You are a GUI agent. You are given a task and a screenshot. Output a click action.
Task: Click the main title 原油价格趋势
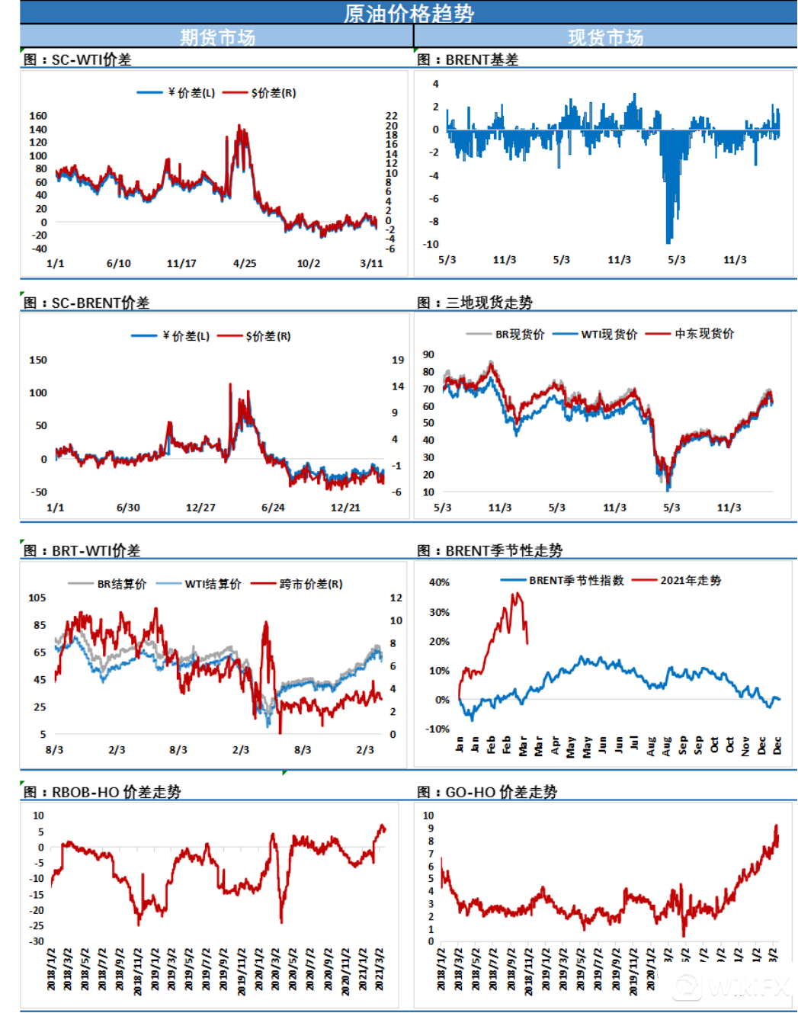click(x=409, y=13)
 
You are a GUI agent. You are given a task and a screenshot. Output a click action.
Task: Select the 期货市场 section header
click(x=217, y=37)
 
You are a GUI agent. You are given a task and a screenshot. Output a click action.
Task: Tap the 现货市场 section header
click(x=605, y=37)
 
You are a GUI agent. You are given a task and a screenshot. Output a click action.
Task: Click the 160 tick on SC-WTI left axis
click(x=38, y=116)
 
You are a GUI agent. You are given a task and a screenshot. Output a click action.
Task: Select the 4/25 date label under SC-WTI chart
click(x=245, y=264)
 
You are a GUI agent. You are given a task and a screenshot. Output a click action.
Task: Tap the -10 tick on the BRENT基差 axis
click(x=431, y=245)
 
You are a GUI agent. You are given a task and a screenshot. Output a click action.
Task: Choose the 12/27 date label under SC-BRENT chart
click(x=200, y=508)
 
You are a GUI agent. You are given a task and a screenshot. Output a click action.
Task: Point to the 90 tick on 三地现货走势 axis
click(x=428, y=354)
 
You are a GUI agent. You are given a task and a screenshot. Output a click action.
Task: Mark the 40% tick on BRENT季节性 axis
click(x=439, y=582)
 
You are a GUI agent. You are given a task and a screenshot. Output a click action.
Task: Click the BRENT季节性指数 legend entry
click(x=576, y=580)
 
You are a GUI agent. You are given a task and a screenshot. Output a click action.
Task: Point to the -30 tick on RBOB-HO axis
click(x=37, y=941)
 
